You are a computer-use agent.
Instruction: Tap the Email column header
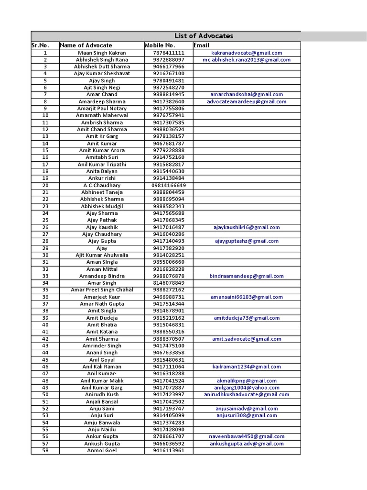pyautogui.click(x=202, y=45)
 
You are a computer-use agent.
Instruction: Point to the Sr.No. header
pyautogui.click(x=41, y=45)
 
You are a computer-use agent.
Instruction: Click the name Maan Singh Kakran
pyautogui.click(x=102, y=53)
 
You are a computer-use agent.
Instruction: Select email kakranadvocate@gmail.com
pyautogui.click(x=247, y=53)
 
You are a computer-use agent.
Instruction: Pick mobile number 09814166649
pyautogui.click(x=169, y=185)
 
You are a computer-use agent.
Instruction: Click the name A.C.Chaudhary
pyautogui.click(x=102, y=185)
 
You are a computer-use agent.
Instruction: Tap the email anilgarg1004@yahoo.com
pyautogui.click(x=247, y=388)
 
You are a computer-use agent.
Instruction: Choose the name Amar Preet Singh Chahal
pyautogui.click(x=102, y=290)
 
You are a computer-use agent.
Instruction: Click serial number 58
pyautogui.click(x=45, y=450)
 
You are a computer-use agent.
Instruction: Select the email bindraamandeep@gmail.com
pyautogui.click(x=247, y=276)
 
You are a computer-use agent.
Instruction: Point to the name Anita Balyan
pyautogui.click(x=102, y=171)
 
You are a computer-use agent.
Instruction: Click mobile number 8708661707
pyautogui.click(x=169, y=436)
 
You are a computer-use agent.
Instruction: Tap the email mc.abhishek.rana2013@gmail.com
pyautogui.click(x=247, y=60)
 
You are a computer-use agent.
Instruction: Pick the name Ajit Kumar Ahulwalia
pyautogui.click(x=102, y=255)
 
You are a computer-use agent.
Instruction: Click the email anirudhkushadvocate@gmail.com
pyautogui.click(x=247, y=395)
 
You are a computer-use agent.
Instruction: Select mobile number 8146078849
pyautogui.click(x=169, y=283)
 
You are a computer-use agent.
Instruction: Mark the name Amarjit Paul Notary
pyautogui.click(x=102, y=109)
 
